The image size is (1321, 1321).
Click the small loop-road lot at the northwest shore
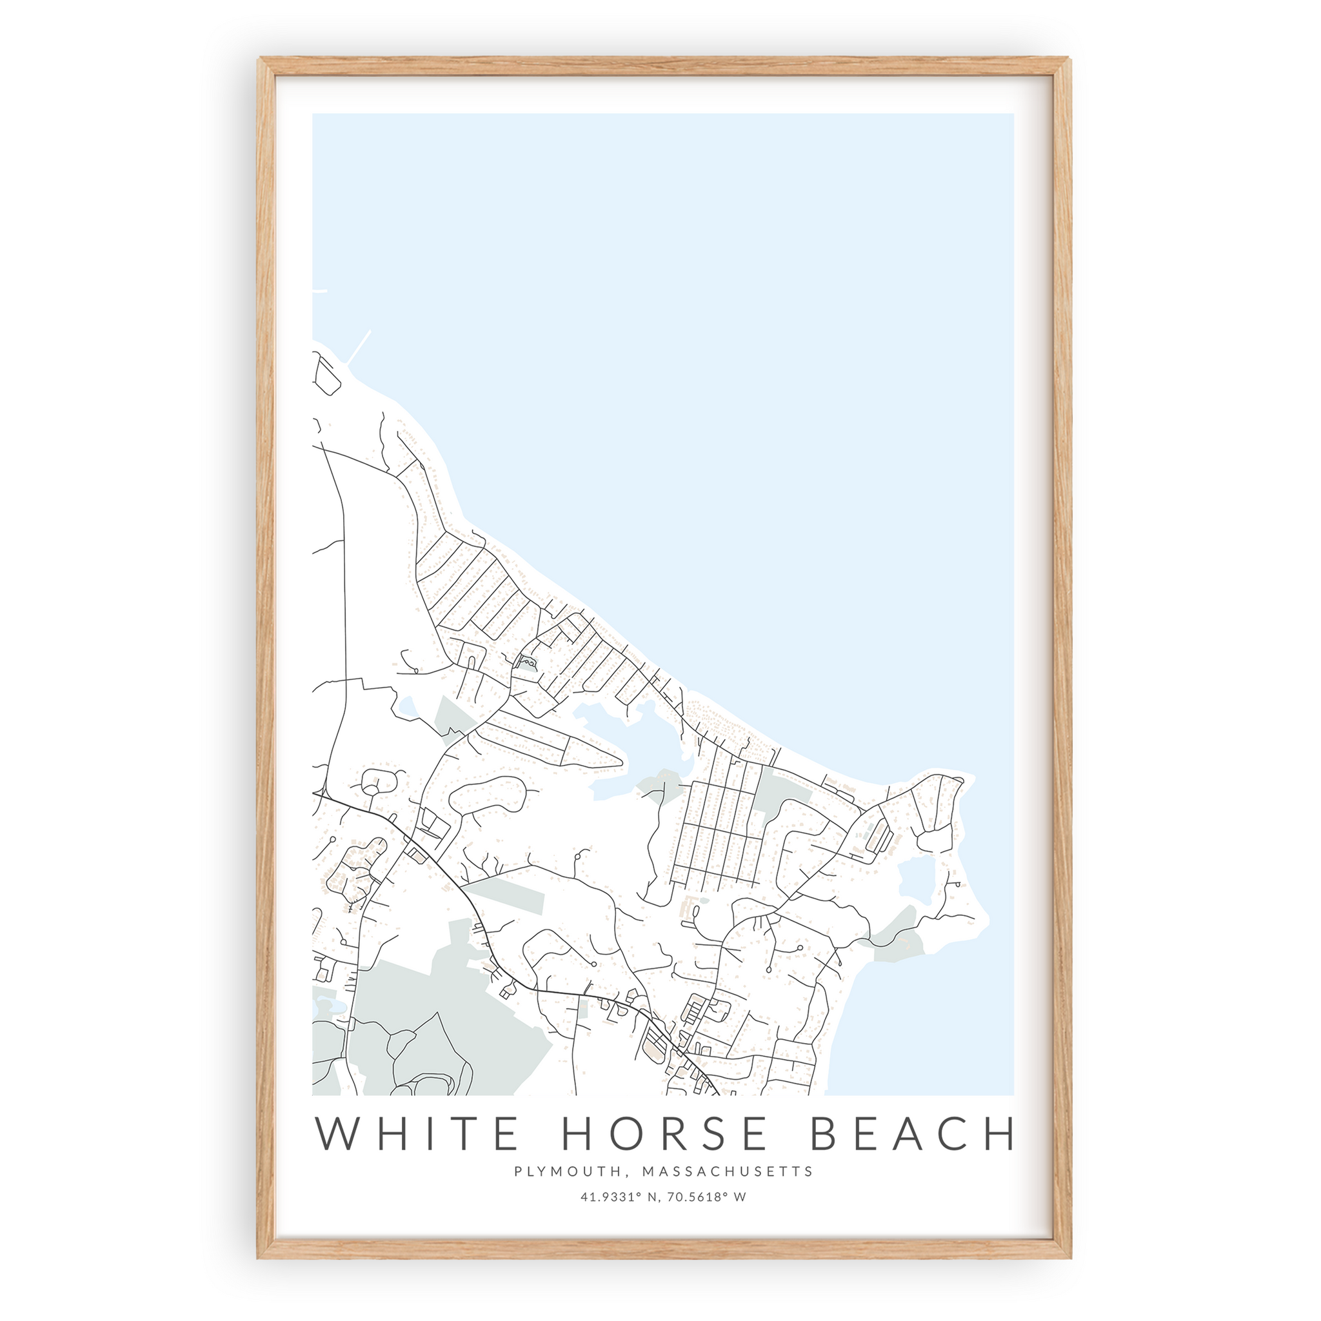327,374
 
